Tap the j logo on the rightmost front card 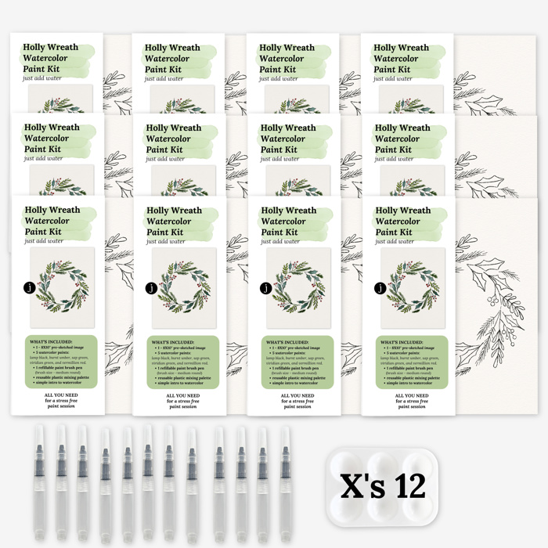pyautogui.click(x=381, y=287)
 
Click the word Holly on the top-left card pyautogui.click(x=37, y=47)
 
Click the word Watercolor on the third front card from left pyautogui.click(x=287, y=222)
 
